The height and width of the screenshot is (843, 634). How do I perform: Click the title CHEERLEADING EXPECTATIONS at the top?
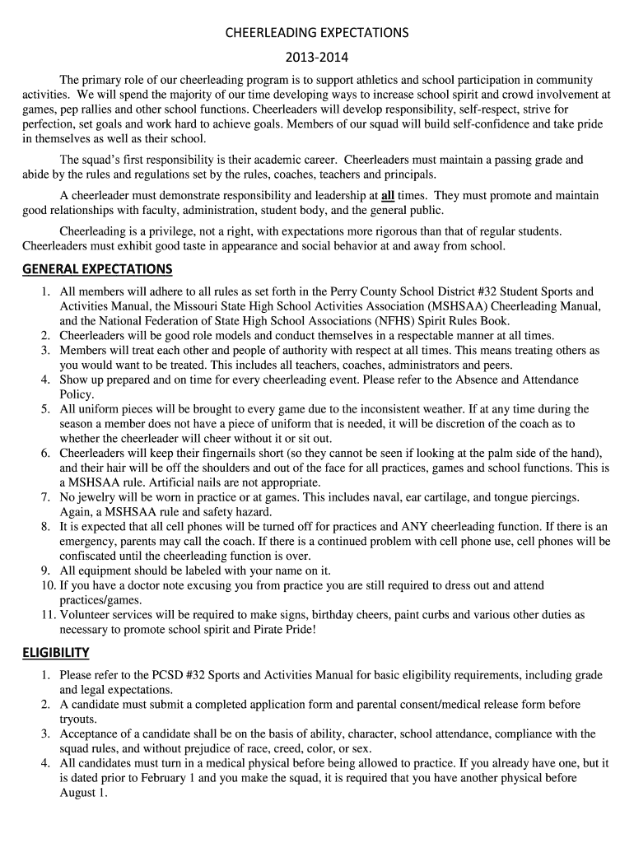click(317, 33)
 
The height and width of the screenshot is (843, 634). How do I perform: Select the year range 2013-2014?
click(317, 58)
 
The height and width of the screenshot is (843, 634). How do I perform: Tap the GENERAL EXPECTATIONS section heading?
click(97, 269)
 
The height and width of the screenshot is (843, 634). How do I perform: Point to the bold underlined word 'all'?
click(388, 196)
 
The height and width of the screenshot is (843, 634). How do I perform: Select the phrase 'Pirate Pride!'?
click(282, 630)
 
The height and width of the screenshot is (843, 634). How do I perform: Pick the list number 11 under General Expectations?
click(47, 615)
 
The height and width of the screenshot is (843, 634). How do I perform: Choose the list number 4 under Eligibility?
click(47, 763)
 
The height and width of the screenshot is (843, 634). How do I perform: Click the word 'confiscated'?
click(91, 556)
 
